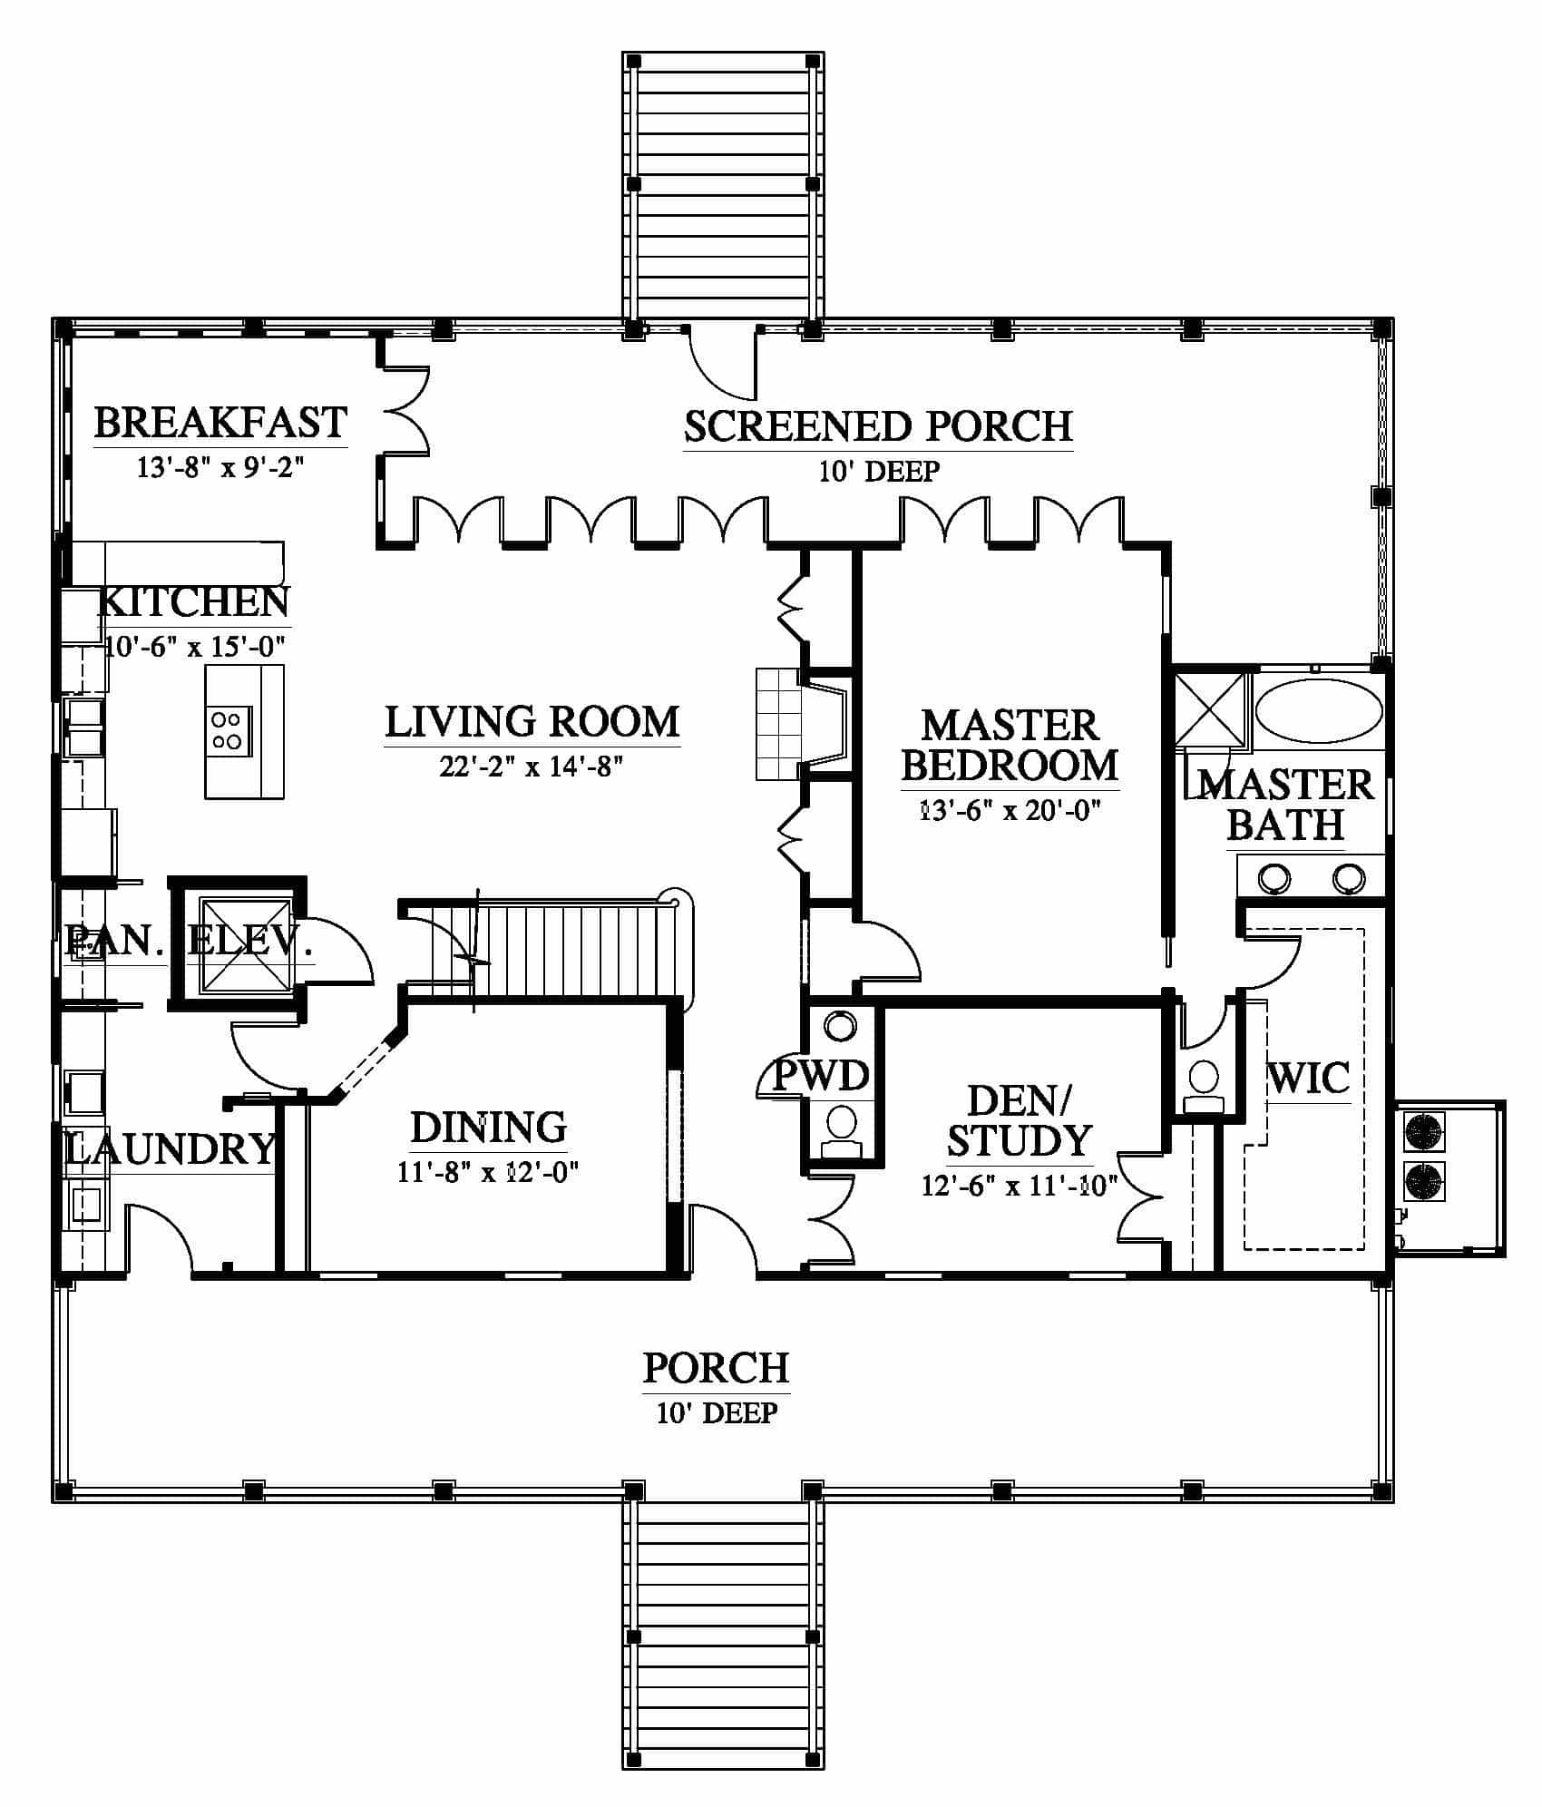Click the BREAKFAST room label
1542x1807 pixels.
point(220,423)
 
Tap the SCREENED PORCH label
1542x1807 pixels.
point(878,426)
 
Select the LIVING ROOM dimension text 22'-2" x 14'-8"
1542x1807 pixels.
point(532,767)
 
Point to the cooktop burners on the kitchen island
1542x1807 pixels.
point(226,730)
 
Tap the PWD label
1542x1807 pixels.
point(821,1076)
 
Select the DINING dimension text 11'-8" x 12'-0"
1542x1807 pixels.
point(488,1173)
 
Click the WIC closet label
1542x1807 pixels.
point(1308,1079)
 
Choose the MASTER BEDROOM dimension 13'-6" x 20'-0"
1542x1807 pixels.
point(1010,810)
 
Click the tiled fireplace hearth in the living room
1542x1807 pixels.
point(779,723)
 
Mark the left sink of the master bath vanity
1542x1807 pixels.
point(1273,878)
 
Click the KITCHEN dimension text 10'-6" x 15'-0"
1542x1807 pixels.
point(196,647)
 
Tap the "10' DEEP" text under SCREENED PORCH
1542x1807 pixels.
point(879,472)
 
